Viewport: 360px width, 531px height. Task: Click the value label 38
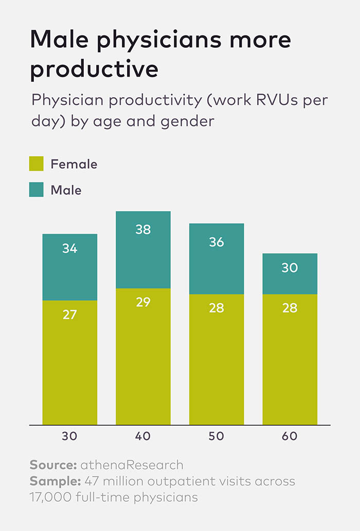(x=143, y=230)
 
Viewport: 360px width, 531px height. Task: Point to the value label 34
(x=69, y=249)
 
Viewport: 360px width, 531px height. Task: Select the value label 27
(x=69, y=314)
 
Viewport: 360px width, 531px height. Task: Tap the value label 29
(x=143, y=302)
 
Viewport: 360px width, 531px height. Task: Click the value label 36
(x=217, y=242)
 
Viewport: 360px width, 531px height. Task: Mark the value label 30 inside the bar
(x=290, y=268)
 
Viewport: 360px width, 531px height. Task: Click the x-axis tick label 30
(x=69, y=436)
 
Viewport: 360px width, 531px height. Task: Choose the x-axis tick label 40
(x=143, y=436)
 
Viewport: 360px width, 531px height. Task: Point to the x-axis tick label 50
(x=217, y=436)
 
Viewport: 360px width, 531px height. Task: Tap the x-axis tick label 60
(x=290, y=436)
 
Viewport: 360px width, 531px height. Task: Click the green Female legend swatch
(x=36, y=164)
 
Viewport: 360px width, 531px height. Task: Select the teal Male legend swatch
(x=36, y=190)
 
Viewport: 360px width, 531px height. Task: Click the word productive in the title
(x=94, y=69)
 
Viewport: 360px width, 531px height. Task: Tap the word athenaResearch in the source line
(x=132, y=465)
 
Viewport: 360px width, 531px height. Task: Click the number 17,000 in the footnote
(x=49, y=497)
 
